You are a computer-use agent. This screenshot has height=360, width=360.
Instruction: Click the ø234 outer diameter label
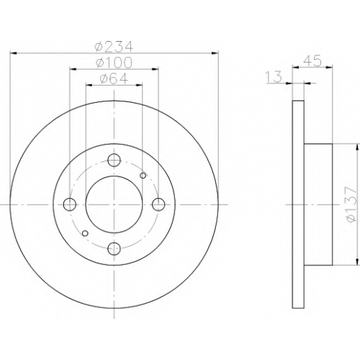(x=114, y=46)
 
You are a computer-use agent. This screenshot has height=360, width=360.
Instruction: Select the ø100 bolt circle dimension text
(x=114, y=62)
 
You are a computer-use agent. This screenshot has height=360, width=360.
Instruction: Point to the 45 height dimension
(x=312, y=61)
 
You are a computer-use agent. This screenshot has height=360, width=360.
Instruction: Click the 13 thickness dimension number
(x=274, y=77)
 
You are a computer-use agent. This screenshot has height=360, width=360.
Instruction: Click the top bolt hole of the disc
(x=114, y=160)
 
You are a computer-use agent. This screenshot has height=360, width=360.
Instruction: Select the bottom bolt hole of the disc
(x=114, y=249)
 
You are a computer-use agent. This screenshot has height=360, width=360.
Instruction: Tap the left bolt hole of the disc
(x=70, y=204)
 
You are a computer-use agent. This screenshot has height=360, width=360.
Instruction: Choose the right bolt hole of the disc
(x=158, y=204)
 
